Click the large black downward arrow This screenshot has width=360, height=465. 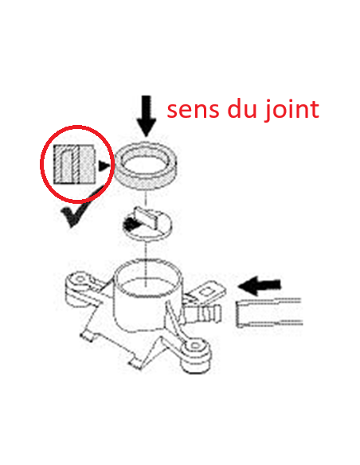point(147,115)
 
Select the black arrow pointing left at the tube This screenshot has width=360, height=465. point(260,286)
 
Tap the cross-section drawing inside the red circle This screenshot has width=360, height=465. point(74,164)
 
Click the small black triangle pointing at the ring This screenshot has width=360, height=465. point(104,166)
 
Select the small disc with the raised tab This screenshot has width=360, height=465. point(147,223)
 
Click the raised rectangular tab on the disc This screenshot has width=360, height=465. point(147,217)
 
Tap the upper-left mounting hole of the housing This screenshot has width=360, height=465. point(80,279)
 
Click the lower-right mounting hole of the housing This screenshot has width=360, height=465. point(195,346)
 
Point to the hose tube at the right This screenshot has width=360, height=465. point(269,313)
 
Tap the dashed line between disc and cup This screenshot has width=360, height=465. point(146,263)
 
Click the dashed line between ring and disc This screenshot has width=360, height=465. point(146,199)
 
